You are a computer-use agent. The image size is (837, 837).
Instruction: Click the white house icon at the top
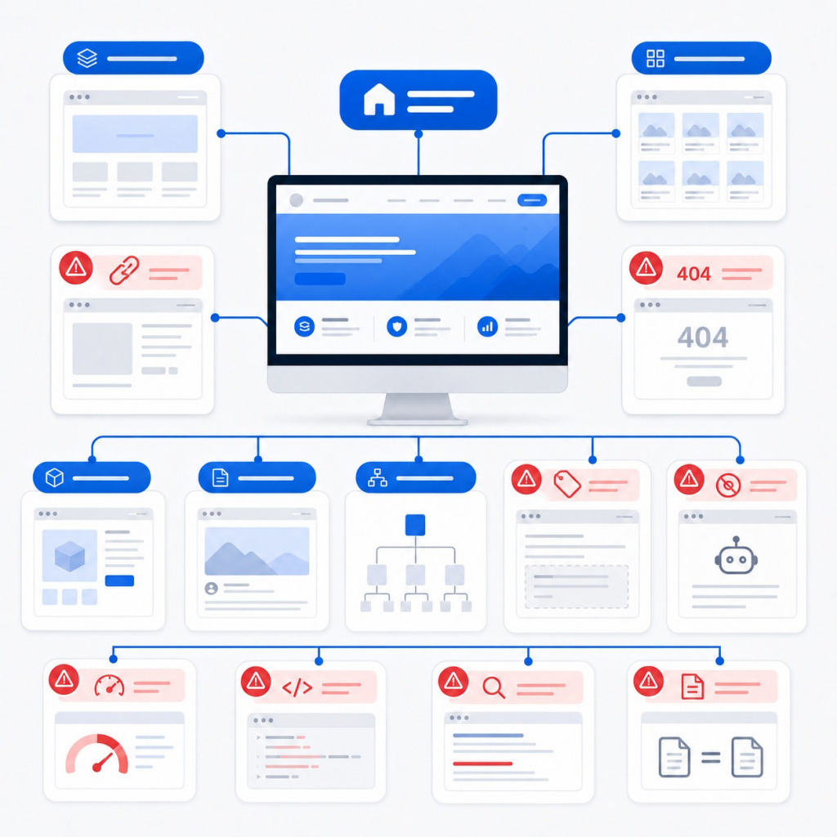pyautogui.click(x=379, y=99)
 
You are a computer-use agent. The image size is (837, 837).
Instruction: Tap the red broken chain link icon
pyautogui.click(x=124, y=270)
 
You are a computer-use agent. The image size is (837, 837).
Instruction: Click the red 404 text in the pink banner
pyautogui.click(x=693, y=274)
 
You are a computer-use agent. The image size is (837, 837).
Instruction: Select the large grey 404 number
pyautogui.click(x=702, y=337)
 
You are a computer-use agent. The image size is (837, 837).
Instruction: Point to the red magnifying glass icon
pyautogui.click(x=494, y=687)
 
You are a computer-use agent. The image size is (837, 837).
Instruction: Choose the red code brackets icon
pyautogui.click(x=297, y=687)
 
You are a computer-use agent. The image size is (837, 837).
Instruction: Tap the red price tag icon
pyautogui.click(x=567, y=484)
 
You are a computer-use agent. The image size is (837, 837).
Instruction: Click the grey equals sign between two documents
pyautogui.click(x=710, y=758)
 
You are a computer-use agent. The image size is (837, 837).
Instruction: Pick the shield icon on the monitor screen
pyautogui.click(x=396, y=326)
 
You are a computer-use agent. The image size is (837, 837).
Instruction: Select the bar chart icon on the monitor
pyautogui.click(x=487, y=326)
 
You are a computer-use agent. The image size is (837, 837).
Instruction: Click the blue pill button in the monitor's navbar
pyautogui.click(x=531, y=200)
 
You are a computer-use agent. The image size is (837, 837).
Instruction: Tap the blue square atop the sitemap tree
pyautogui.click(x=415, y=525)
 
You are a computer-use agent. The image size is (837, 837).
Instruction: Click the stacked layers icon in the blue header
pyautogui.click(x=87, y=58)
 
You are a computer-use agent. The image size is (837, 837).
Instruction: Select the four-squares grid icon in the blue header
pyautogui.click(x=655, y=58)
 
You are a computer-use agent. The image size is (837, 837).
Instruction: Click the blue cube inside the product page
pyautogui.click(x=70, y=556)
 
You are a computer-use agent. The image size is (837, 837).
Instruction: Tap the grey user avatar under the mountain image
pyautogui.click(x=212, y=589)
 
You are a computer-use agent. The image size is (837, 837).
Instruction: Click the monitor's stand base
pyautogui.click(x=418, y=422)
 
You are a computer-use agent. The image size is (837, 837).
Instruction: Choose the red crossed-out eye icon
pyautogui.click(x=728, y=486)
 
